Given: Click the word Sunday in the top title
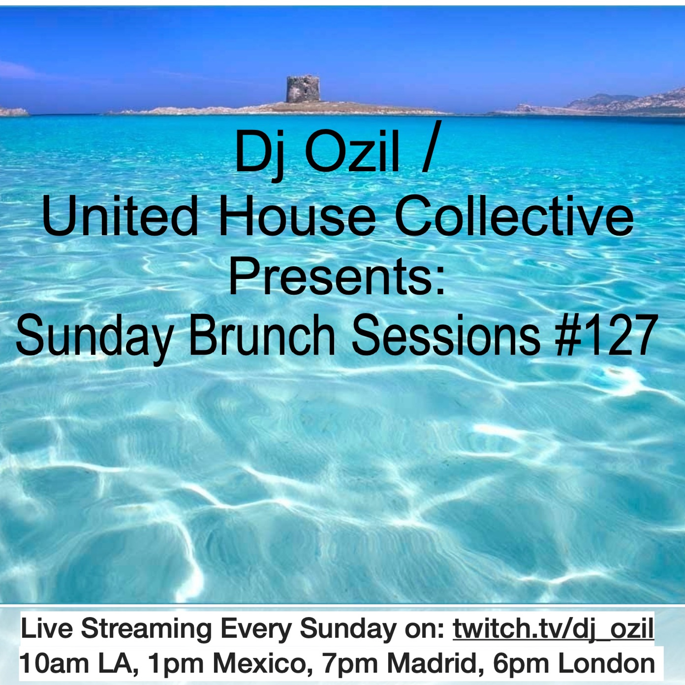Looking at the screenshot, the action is [x=94, y=337].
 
